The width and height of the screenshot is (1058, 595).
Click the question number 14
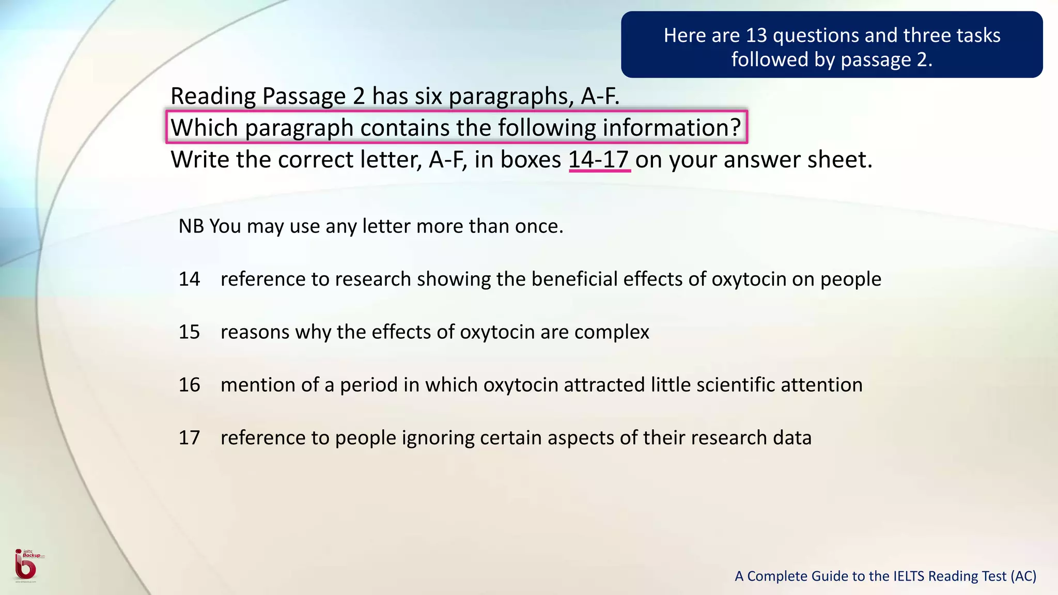pyautogui.click(x=189, y=279)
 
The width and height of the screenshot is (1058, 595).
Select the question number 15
pyautogui.click(x=189, y=332)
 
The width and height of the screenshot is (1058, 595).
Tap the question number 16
pyautogui.click(x=189, y=385)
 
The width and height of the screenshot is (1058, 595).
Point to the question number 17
pyautogui.click(x=189, y=437)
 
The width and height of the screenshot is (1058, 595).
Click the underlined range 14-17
pyautogui.click(x=599, y=160)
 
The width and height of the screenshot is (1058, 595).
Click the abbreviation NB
pyautogui.click(x=191, y=226)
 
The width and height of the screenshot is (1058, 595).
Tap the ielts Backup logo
pyautogui.click(x=26, y=565)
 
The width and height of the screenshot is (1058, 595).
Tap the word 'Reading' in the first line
pyautogui.click(x=214, y=96)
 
